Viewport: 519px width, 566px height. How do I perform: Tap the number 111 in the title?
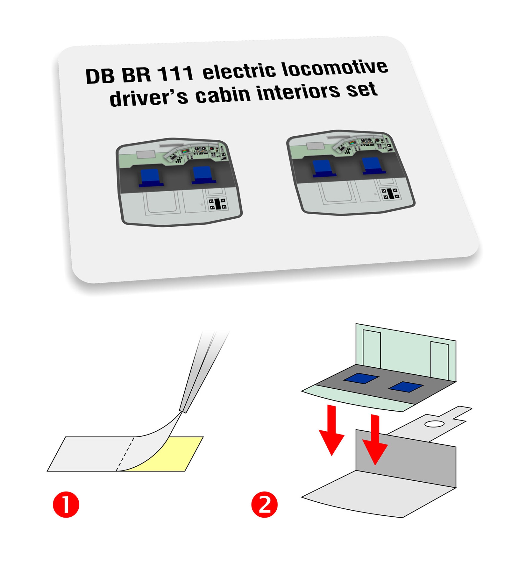[176, 73]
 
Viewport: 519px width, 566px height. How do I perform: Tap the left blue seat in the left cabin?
[151, 178]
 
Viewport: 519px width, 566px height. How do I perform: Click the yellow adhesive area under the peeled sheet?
[174, 454]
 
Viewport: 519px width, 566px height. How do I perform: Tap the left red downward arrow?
[331, 430]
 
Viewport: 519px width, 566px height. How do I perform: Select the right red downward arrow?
[375, 440]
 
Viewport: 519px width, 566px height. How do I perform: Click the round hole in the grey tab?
[434, 424]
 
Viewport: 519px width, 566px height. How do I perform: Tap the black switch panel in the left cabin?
[218, 204]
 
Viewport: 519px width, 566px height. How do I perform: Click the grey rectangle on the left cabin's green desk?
[146, 154]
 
